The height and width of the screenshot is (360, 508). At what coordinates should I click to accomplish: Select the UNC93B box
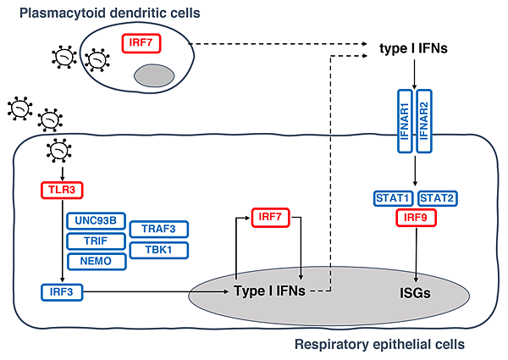point(96,220)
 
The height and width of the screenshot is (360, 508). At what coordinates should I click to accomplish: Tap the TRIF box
point(96,241)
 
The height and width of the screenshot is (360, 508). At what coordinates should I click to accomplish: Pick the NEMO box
point(96,261)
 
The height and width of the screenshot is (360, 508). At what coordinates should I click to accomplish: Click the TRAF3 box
point(158,230)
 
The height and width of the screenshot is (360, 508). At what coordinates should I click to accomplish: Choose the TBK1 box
point(158,250)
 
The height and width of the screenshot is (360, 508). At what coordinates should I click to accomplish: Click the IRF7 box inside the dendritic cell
point(141,40)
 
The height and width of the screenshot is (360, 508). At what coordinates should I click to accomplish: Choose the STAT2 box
point(438,198)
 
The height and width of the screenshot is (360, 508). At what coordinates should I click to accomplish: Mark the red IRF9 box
point(415,219)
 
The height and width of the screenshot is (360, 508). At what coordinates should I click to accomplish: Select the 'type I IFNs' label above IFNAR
point(413,48)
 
